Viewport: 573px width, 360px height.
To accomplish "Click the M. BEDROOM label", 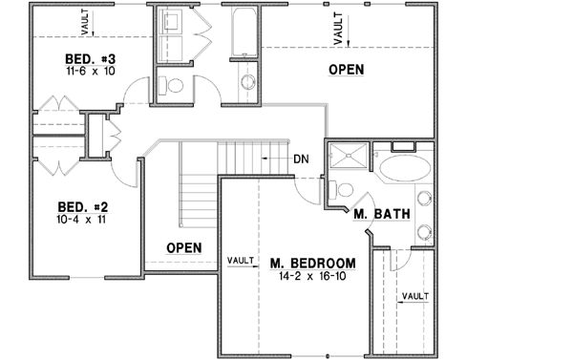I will pyautogui.click(x=312, y=263).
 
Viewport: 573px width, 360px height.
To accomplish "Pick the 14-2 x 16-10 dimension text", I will pyautogui.click(x=312, y=276).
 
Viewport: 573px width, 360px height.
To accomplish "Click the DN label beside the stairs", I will pyautogui.click(x=300, y=159).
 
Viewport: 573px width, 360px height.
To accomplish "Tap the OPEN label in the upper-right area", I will pyautogui.click(x=346, y=70).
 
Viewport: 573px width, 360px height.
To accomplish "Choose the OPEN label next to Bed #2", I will pyautogui.click(x=183, y=247).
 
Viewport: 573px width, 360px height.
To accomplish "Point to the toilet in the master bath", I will pyautogui.click(x=345, y=189).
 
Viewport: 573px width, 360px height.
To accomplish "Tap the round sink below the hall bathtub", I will pyautogui.click(x=246, y=81).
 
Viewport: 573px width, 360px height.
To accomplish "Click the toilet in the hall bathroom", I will pyautogui.click(x=172, y=85).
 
